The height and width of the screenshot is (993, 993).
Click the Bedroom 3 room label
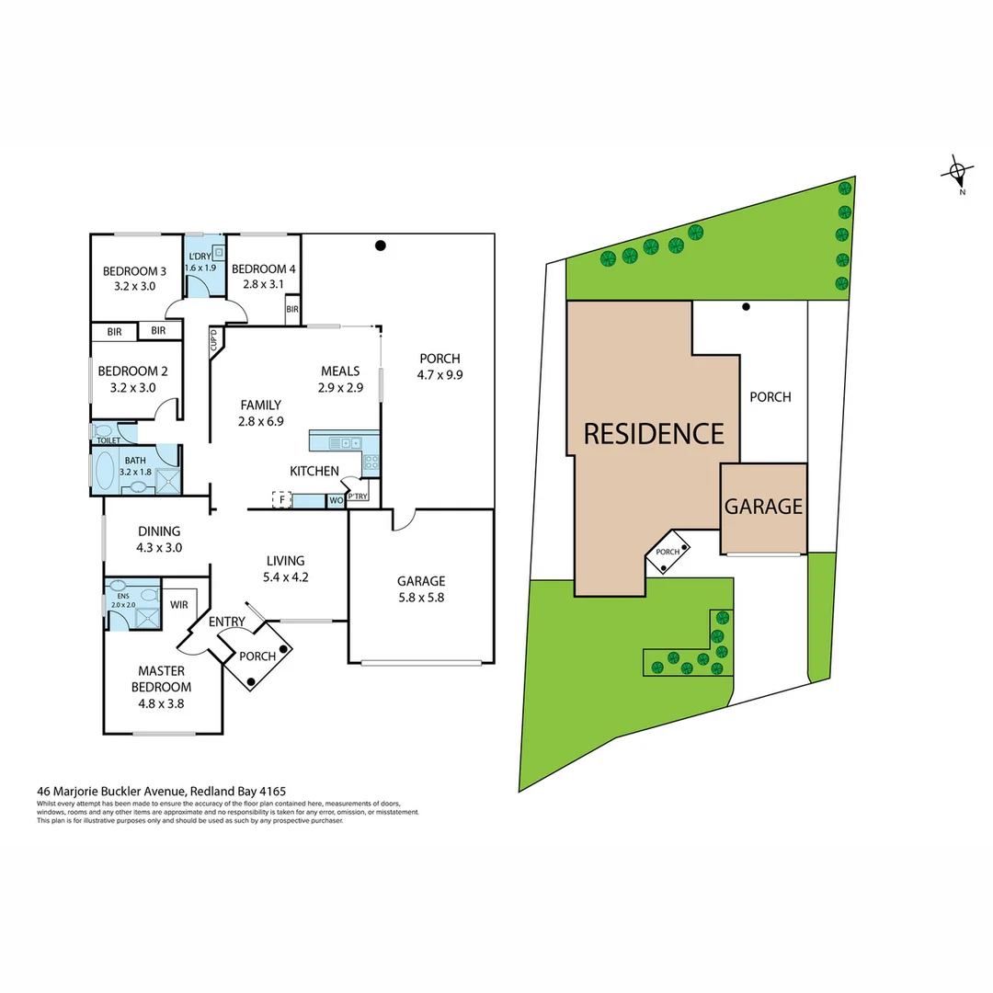coord(134,271)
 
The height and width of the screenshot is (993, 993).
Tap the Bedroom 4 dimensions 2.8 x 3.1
coord(263,284)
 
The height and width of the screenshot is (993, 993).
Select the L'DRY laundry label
coord(200,256)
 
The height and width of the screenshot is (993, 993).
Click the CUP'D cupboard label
coord(213,341)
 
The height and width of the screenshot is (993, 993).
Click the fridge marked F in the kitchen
coord(281,500)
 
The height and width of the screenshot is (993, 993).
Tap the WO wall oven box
coord(336,501)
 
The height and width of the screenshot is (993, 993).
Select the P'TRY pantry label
coord(357,496)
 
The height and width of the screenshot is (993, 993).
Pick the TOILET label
coord(108,441)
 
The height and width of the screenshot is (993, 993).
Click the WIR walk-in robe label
coord(180,605)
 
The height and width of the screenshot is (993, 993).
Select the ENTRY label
coord(226,622)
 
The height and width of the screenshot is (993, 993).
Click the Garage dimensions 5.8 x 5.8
coord(421,597)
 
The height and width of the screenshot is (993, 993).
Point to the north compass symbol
coord(958,171)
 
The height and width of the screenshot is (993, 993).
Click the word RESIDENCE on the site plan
coord(654,433)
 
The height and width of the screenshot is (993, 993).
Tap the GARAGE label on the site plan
coord(763,507)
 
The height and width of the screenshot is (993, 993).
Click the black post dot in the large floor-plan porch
coord(380,245)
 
